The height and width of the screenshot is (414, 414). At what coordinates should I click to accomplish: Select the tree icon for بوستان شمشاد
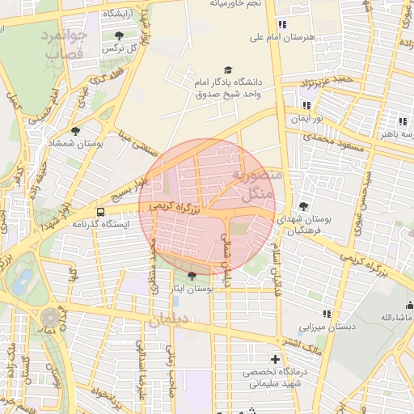pyautogui.click(x=76, y=130)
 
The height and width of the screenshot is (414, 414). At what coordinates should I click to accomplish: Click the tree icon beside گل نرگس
pyautogui.click(x=120, y=36)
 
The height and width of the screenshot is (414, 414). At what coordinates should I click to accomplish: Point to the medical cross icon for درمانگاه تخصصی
pyautogui.click(x=276, y=359)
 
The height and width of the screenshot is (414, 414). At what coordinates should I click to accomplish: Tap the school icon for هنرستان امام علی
pyautogui.click(x=281, y=24)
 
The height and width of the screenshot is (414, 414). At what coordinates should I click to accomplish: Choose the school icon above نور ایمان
pyautogui.click(x=306, y=105)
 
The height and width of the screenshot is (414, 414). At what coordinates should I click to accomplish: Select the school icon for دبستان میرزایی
pyautogui.click(x=327, y=315)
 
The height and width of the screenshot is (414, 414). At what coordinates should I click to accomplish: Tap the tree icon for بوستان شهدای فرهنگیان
pyautogui.click(x=303, y=206)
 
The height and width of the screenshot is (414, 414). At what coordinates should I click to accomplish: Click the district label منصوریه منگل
pyautogui.click(x=257, y=184)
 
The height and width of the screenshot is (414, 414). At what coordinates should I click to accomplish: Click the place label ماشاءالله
pyautogui.click(x=390, y=316)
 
